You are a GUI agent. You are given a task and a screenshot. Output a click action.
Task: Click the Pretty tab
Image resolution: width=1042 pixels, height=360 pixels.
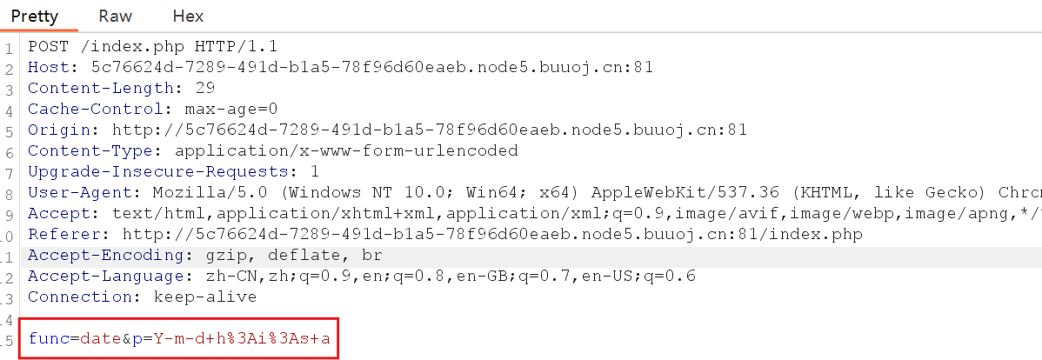click(34, 16)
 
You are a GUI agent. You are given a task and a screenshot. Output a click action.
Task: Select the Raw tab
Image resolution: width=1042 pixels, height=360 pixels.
click(115, 16)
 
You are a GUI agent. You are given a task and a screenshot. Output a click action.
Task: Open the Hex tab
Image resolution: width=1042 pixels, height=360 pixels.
click(188, 16)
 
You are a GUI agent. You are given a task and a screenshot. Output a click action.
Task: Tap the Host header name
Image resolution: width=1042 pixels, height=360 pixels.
click(49, 67)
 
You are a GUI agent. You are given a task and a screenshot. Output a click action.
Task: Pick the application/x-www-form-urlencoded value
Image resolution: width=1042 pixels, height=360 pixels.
click(346, 150)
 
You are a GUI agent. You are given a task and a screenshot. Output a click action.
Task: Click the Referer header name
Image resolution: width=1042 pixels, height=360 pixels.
click(64, 234)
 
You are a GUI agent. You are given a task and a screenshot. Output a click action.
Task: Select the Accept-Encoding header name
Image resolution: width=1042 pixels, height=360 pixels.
click(106, 255)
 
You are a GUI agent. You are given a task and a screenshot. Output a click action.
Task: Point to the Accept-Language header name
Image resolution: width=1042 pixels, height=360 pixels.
click(106, 276)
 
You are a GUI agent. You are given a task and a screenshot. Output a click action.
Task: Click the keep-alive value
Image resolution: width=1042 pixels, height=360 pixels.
click(204, 297)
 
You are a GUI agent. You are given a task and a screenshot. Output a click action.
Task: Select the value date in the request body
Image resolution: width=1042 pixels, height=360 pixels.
click(101, 338)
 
